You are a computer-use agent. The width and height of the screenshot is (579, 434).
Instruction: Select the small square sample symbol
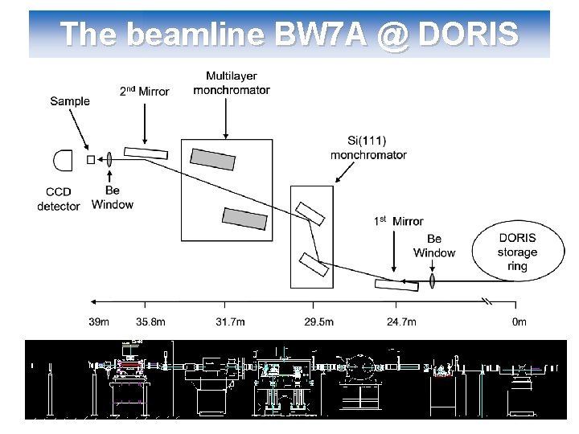pyautogui.click(x=91, y=160)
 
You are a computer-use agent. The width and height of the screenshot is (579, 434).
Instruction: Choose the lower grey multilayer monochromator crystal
pyautogui.click(x=244, y=217)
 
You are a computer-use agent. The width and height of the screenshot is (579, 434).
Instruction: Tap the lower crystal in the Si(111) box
pyautogui.click(x=313, y=264)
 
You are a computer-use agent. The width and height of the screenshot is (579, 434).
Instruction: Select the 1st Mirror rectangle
pyautogui.click(x=396, y=284)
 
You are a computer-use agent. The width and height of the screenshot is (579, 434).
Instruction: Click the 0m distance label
pyautogui.click(x=519, y=322)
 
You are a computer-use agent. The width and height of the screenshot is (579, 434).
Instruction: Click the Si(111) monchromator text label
pyautogui.click(x=368, y=148)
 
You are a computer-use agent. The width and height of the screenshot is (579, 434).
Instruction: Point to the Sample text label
pyautogui.click(x=70, y=101)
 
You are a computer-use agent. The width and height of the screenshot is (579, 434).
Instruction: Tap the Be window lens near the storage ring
pyautogui.click(x=433, y=280)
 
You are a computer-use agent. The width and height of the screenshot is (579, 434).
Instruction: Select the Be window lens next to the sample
pyautogui.click(x=109, y=159)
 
